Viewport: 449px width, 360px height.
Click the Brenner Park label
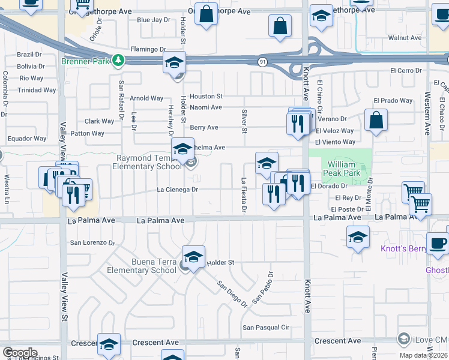coord(86,61)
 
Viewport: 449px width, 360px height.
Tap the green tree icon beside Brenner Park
coord(118,61)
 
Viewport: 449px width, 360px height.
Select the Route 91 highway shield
coord(262,62)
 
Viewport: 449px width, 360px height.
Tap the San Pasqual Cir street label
coord(266,328)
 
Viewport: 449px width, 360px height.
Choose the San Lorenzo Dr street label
coord(92,243)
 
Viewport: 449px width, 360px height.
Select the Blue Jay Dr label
coord(154,20)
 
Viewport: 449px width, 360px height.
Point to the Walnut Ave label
coord(405,38)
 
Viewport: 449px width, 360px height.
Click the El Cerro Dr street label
coord(406,71)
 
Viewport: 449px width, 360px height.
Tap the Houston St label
coord(206,96)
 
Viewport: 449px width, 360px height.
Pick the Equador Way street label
coord(27,139)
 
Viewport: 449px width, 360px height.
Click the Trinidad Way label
coord(37,90)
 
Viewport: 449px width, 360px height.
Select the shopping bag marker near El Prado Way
coord(376,119)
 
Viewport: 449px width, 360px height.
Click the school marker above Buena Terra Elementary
coord(193,257)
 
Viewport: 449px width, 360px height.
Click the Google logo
coord(20,353)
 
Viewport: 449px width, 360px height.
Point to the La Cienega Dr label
coord(178,190)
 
